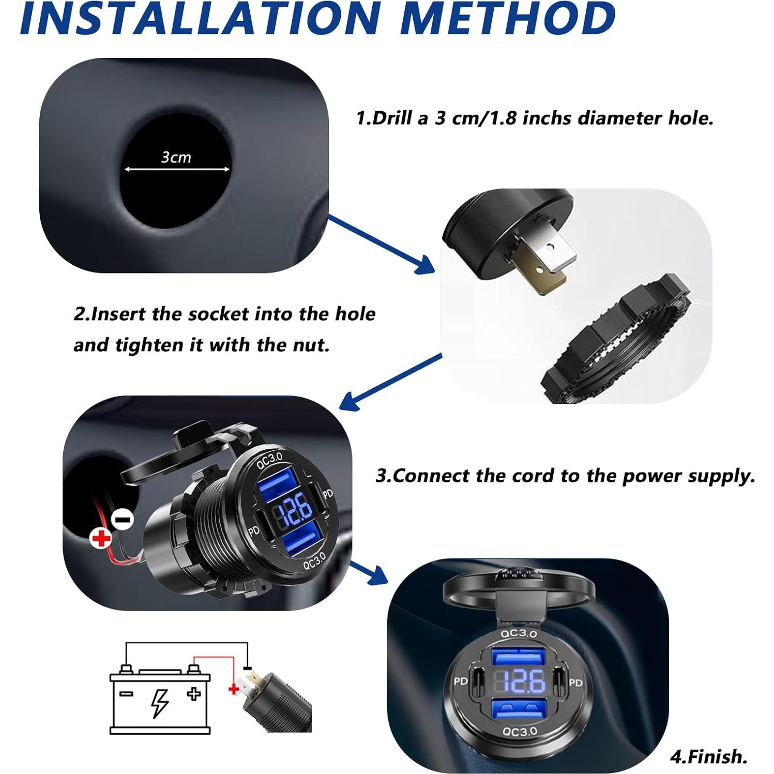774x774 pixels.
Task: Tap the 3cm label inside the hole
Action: [176, 157]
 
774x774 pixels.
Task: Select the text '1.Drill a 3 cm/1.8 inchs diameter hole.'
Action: [535, 118]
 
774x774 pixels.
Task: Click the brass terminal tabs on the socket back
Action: [543, 259]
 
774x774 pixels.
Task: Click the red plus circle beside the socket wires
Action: [101, 538]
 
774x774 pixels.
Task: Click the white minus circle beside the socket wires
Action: [123, 519]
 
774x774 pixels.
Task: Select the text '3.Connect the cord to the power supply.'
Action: [565, 476]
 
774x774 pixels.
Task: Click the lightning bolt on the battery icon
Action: [160, 703]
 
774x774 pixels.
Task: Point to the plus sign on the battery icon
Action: [194, 694]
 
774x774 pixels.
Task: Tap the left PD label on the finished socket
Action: [460, 681]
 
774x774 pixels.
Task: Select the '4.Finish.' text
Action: [708, 756]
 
